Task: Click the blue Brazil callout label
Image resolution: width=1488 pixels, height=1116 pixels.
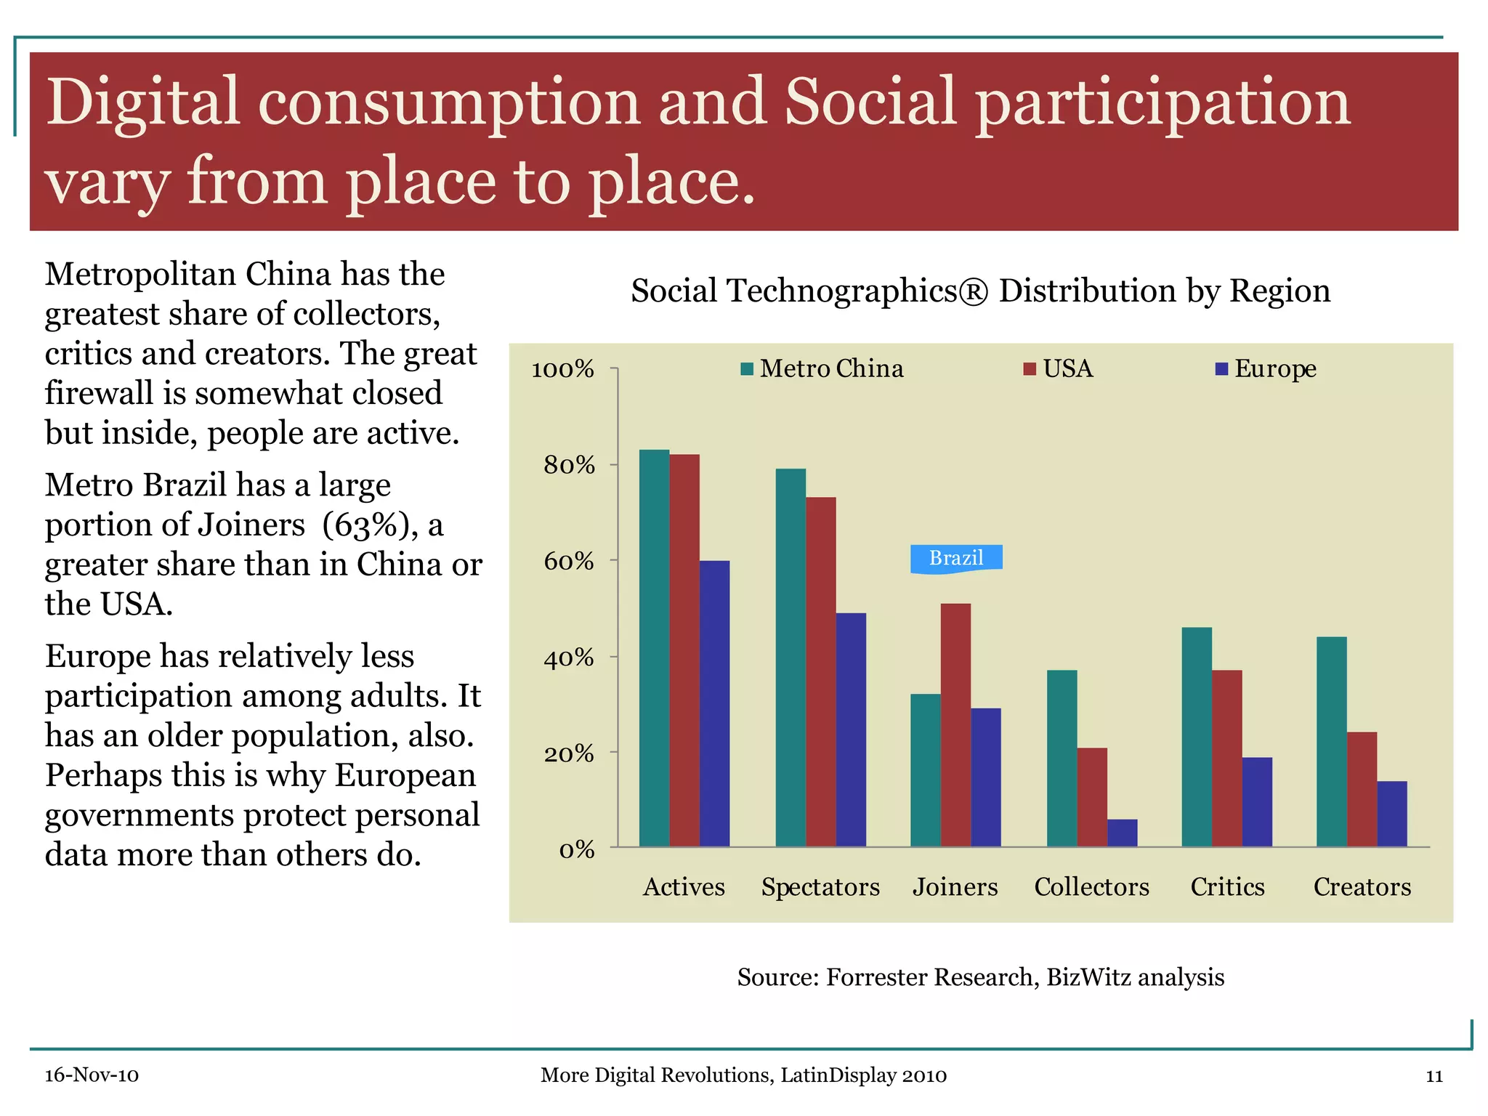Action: (956, 558)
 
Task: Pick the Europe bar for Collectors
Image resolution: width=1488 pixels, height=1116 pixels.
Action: (1122, 833)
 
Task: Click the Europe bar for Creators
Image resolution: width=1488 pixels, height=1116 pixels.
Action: (1391, 814)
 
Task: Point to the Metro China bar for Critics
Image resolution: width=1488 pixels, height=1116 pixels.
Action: (1197, 737)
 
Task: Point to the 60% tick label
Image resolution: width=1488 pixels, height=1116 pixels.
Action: (569, 562)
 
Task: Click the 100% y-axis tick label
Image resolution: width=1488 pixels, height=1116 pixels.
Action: (563, 370)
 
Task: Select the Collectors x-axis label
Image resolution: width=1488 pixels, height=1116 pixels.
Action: (1091, 887)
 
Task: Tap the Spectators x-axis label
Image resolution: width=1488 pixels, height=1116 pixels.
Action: (820, 887)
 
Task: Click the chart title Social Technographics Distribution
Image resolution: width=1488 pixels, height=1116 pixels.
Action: (980, 291)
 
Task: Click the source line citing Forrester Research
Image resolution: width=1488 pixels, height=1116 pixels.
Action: (980, 977)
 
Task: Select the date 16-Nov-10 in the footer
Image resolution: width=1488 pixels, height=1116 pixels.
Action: (92, 1075)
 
